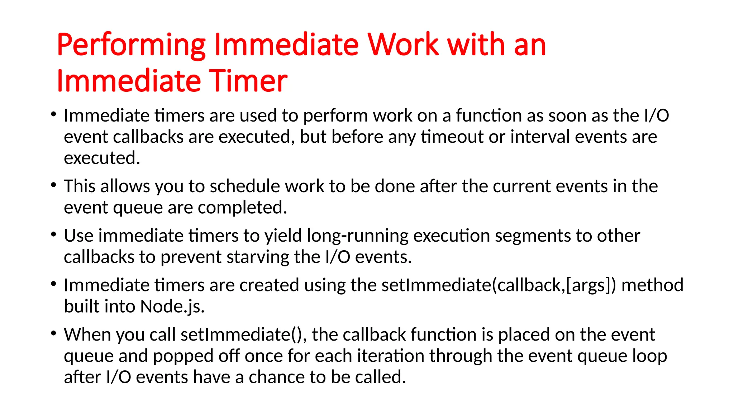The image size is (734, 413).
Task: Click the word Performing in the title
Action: click(x=131, y=46)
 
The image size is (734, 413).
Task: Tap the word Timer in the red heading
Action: click(x=248, y=81)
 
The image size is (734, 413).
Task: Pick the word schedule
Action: click(x=244, y=186)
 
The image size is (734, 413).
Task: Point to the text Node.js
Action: click(x=172, y=307)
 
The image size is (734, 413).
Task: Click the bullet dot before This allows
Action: click(x=54, y=185)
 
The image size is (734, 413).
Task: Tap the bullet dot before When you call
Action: click(x=54, y=333)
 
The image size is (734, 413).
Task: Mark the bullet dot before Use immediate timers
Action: click(x=54, y=235)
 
